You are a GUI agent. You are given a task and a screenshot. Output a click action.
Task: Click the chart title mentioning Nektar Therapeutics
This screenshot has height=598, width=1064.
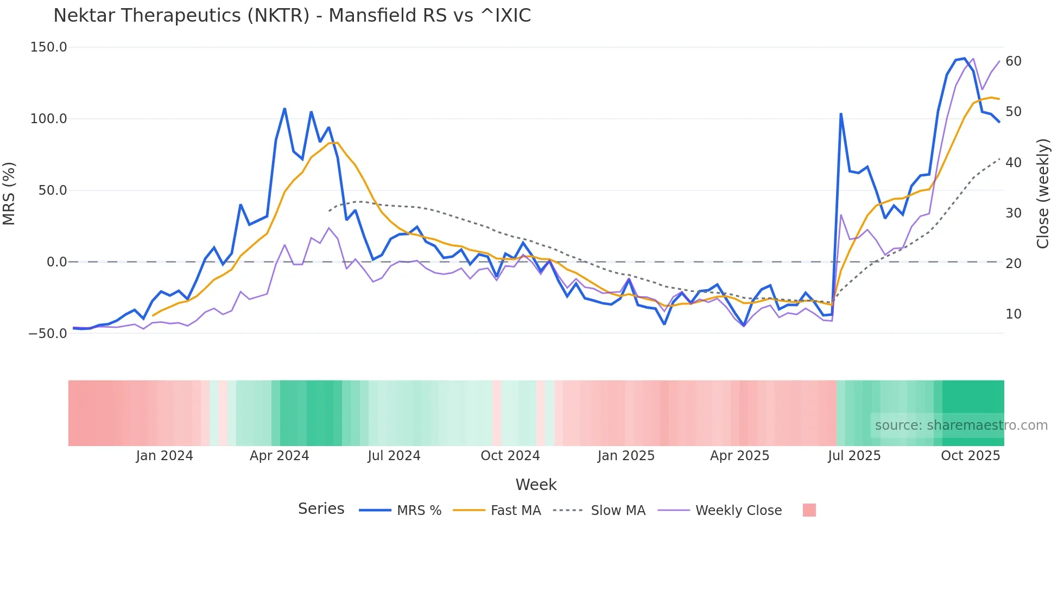pyautogui.click(x=292, y=16)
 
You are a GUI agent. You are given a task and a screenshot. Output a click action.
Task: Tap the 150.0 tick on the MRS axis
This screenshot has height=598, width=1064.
pyautogui.click(x=49, y=47)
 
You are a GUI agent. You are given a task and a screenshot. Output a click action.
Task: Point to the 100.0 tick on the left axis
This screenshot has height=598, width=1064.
pyautogui.click(x=49, y=119)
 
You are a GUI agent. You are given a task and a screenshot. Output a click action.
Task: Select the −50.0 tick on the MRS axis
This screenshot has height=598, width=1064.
pyautogui.click(x=48, y=334)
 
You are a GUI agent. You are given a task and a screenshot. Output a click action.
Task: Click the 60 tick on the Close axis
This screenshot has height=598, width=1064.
pyautogui.click(x=1014, y=61)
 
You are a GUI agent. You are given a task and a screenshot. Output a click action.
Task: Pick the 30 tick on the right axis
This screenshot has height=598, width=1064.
pyautogui.click(x=1014, y=213)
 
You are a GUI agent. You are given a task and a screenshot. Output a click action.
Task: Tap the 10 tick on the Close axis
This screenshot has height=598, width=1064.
pyautogui.click(x=1014, y=314)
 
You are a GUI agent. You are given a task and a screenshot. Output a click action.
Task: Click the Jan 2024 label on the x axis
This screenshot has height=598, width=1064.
pyautogui.click(x=164, y=456)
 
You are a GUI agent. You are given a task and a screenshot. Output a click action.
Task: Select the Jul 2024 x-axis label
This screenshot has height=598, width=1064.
pyautogui.click(x=394, y=456)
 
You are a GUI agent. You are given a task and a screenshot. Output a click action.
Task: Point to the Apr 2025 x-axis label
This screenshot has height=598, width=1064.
pyautogui.click(x=740, y=456)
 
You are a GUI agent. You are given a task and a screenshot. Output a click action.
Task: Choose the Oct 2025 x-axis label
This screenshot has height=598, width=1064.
pyautogui.click(x=971, y=456)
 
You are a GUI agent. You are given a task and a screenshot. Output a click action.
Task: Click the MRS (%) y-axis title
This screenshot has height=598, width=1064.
pyautogui.click(x=9, y=193)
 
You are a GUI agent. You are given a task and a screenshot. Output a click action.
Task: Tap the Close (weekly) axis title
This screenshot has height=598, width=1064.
pyautogui.click(x=1043, y=194)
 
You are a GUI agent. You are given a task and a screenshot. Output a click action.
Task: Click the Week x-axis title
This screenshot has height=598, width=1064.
pyautogui.click(x=536, y=485)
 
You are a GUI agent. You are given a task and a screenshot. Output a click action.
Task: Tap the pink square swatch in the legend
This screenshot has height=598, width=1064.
pyautogui.click(x=809, y=510)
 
